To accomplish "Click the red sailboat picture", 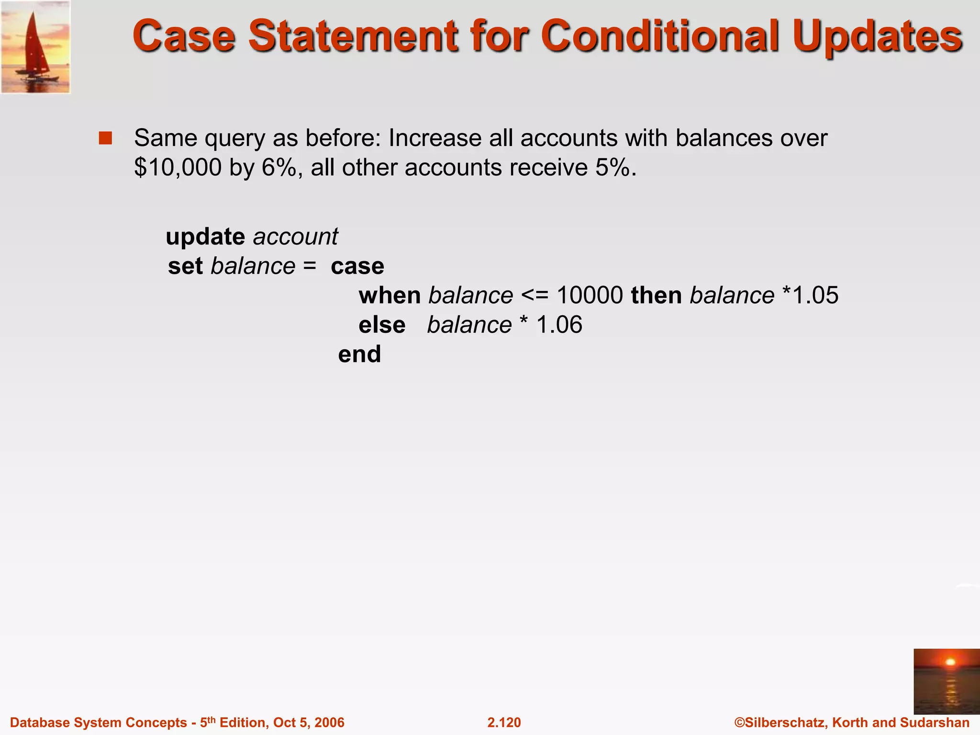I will pyautogui.click(x=35, y=47).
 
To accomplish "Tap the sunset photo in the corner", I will pyautogui.click(x=946, y=681).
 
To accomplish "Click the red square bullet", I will pyautogui.click(x=105, y=138).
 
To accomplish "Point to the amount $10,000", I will pyautogui.click(x=178, y=167).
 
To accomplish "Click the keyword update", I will pyautogui.click(x=205, y=236).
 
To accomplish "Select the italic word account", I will pyautogui.click(x=295, y=236).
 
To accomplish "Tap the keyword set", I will pyautogui.click(x=185, y=266).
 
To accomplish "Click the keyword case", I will pyautogui.click(x=357, y=266).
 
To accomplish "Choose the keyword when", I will pyautogui.click(x=390, y=295).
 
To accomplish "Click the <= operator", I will pyautogui.click(x=535, y=295).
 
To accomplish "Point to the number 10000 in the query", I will pyautogui.click(x=590, y=295).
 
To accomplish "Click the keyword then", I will pyautogui.click(x=656, y=295).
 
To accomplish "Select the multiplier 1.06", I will pyautogui.click(x=559, y=325).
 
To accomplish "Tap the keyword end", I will pyautogui.click(x=359, y=355).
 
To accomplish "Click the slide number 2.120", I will pyautogui.click(x=504, y=723).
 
